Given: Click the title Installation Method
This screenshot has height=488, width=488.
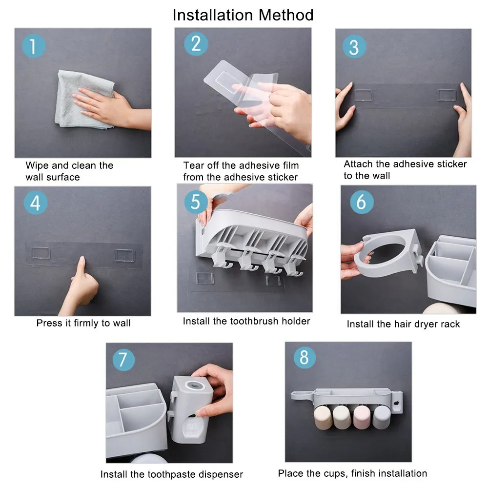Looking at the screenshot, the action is pos(243,15).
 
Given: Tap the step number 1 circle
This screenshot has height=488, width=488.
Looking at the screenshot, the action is pos(34,46).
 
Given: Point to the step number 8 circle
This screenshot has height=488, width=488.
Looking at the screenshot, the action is pos(305,357).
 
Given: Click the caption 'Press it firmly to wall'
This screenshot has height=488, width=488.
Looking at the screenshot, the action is pos(83,323).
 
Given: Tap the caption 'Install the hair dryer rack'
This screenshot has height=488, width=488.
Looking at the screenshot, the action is pos(403,324).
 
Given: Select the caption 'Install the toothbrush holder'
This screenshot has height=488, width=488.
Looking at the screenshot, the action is pos(246,321).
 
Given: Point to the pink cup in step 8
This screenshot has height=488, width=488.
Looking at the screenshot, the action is pos(362,417).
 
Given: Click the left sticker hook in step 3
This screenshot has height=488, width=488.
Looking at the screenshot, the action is pos(364,95).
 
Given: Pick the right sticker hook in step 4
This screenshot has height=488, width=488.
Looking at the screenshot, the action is pos(124,255).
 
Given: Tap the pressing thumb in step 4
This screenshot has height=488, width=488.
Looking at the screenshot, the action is pos(81,266).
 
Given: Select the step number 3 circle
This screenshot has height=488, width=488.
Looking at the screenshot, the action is pos(354,47).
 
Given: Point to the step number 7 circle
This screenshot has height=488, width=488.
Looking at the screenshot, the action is pos(123,360).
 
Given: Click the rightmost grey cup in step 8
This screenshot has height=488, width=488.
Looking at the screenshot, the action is pos(382,417).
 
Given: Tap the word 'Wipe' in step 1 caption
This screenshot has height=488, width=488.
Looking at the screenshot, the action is pos(37,165).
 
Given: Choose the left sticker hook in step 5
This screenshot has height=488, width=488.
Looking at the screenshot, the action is pos(204,278).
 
